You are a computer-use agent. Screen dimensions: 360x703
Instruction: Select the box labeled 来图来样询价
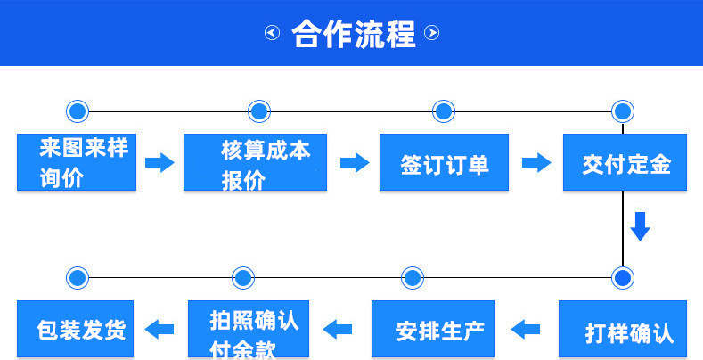click(x=77, y=162)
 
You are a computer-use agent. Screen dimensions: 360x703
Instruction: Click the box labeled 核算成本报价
click(x=254, y=162)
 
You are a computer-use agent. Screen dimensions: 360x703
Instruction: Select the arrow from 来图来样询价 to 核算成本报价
click(x=159, y=162)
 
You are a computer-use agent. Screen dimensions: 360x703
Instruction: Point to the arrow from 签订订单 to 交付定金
click(x=535, y=162)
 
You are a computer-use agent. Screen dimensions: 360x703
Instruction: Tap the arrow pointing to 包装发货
click(x=159, y=330)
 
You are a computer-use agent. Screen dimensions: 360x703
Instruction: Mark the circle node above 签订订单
click(x=443, y=111)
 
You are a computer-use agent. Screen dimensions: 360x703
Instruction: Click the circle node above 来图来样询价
click(x=78, y=111)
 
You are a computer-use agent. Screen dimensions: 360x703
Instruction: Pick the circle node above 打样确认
click(x=623, y=277)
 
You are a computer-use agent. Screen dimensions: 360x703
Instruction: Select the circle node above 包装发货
click(x=78, y=277)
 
